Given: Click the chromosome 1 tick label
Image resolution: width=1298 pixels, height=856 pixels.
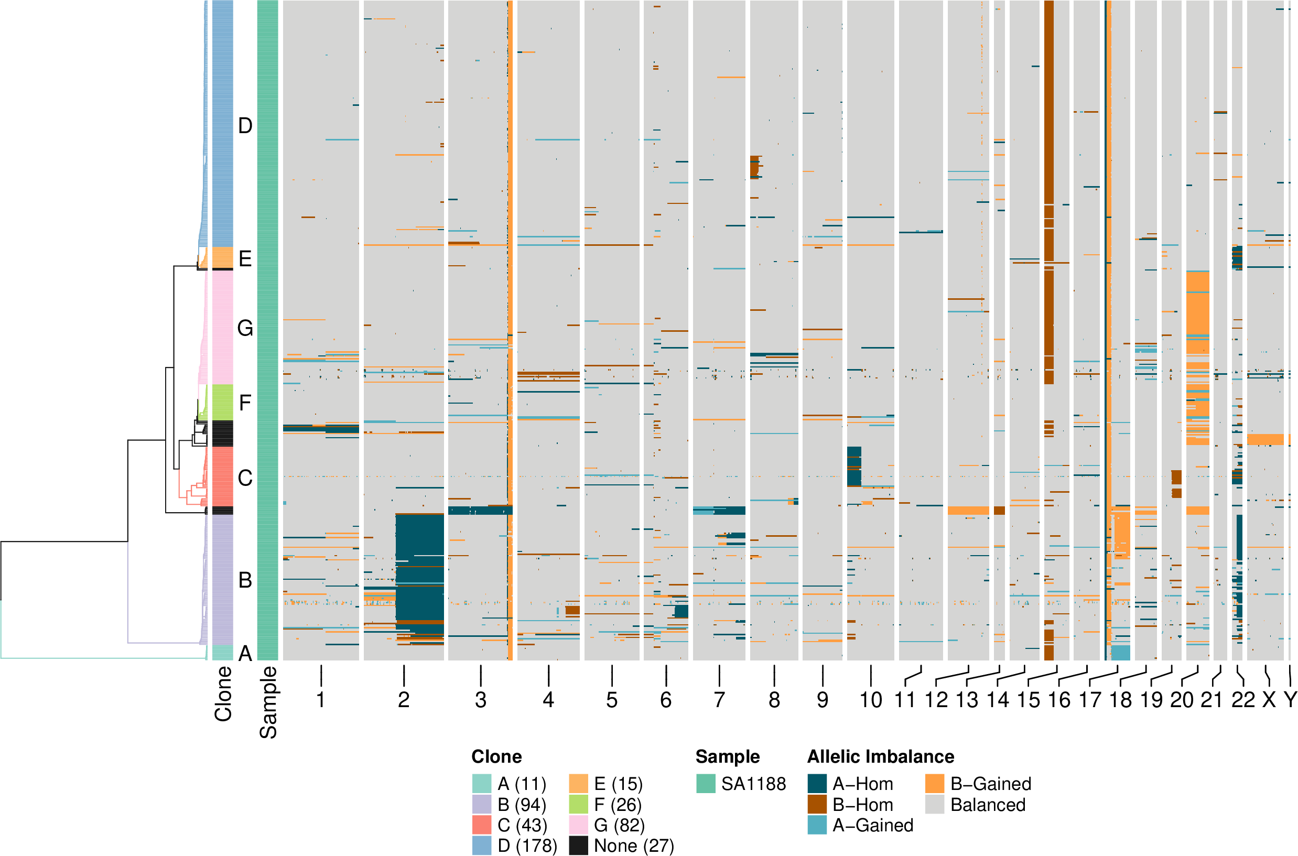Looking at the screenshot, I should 321,700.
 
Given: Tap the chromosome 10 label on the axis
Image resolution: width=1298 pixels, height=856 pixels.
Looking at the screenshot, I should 871,700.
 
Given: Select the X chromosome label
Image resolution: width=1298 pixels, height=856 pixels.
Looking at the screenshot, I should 1269,700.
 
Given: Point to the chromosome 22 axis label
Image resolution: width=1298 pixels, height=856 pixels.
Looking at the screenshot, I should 1243,700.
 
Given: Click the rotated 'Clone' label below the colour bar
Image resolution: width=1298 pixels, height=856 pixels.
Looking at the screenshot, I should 223,695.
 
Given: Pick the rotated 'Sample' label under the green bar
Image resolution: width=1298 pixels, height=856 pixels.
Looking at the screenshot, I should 268,702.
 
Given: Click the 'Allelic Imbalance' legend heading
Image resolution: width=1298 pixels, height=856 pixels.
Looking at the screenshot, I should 880,756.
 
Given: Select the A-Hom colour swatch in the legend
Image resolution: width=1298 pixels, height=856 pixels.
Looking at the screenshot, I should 817,784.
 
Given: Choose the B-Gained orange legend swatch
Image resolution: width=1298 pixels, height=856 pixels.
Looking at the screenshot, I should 935,784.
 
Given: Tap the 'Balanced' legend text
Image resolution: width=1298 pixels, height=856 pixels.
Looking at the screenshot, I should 988,805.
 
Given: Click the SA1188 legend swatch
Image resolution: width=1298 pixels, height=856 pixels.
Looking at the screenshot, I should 706,784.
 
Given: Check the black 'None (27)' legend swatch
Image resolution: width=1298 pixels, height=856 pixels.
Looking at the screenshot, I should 578,846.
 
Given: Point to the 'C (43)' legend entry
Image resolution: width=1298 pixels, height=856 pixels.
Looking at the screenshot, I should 522,825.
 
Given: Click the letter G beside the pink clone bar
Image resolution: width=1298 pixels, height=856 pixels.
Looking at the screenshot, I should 245,329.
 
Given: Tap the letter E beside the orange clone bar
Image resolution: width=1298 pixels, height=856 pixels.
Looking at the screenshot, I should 245,259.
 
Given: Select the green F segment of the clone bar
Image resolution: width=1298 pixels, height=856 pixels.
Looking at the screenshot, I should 222,403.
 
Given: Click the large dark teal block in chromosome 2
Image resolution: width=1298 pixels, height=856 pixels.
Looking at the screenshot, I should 419,568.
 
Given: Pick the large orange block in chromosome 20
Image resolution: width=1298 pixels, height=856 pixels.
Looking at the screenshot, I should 1197,311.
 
